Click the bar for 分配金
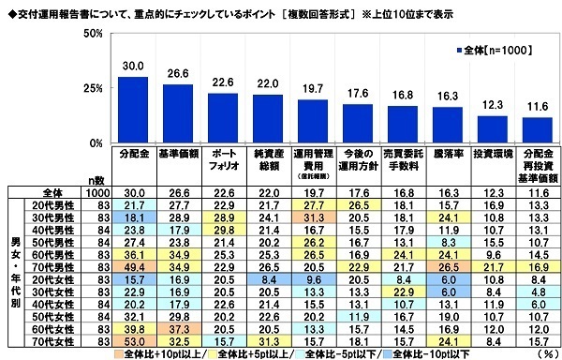[132, 110]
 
